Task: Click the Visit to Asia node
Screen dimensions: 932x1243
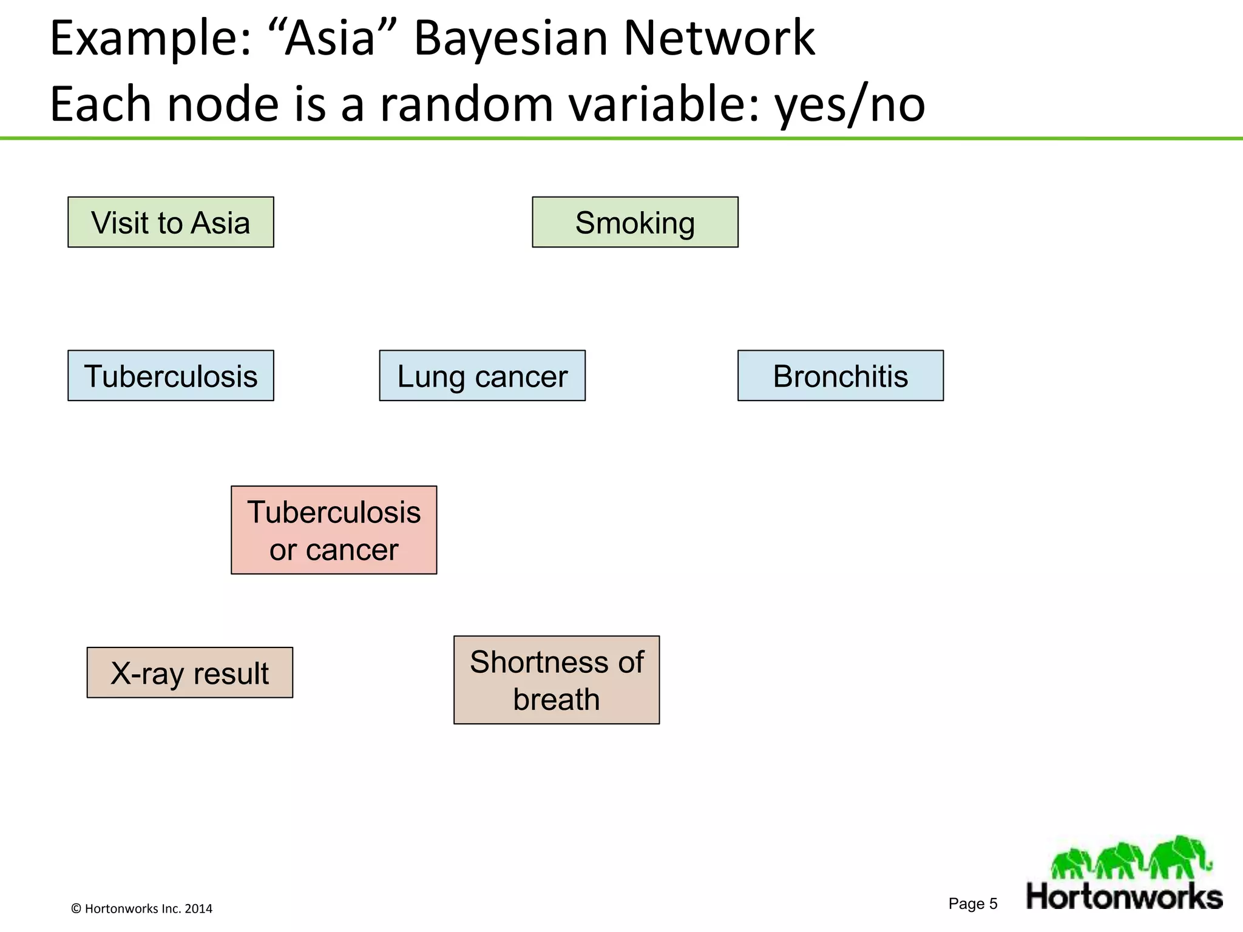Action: click(x=171, y=222)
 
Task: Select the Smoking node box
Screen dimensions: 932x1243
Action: click(x=635, y=222)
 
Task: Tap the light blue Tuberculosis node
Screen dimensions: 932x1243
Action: click(x=171, y=376)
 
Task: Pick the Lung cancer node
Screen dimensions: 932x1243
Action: click(x=482, y=376)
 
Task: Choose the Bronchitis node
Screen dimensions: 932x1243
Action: click(x=840, y=376)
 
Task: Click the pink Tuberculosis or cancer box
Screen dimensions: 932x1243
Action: click(x=334, y=530)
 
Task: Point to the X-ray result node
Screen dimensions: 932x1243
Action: click(x=189, y=672)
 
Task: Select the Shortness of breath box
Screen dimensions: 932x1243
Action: click(x=556, y=680)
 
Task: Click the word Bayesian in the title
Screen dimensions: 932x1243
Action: click(x=510, y=39)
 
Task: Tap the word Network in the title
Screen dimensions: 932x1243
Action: click(x=719, y=39)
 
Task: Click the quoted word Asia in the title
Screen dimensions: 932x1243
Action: click(x=331, y=39)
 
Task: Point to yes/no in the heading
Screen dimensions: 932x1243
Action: click(x=850, y=104)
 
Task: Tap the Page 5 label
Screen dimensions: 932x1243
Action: click(x=973, y=903)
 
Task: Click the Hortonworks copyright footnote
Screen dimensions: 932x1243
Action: click(x=141, y=908)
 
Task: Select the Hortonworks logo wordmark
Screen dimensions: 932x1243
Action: click(x=1124, y=897)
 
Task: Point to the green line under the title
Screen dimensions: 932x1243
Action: click(x=621, y=138)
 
